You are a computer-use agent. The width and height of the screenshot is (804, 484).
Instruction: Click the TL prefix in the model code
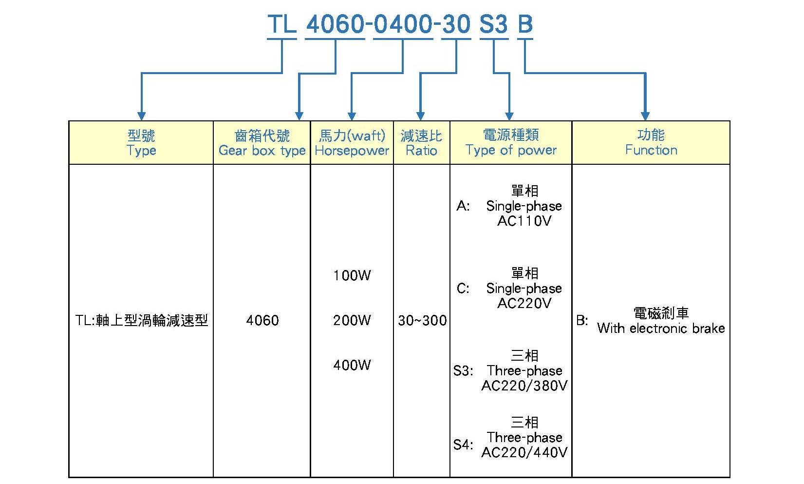click(282, 24)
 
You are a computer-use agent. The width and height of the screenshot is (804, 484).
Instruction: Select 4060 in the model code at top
click(336, 24)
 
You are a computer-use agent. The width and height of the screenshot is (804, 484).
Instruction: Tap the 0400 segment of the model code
click(403, 24)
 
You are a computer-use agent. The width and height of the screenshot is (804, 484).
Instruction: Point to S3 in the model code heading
click(494, 24)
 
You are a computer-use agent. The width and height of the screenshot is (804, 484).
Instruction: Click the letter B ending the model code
click(525, 24)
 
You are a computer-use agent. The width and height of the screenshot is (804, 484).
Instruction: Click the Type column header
click(141, 143)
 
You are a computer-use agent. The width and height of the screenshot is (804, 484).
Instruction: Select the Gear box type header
click(262, 143)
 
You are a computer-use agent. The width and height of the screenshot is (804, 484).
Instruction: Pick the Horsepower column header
click(352, 143)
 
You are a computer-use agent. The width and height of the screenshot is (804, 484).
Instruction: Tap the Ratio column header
click(421, 143)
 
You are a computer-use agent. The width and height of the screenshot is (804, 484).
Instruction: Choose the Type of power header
click(511, 143)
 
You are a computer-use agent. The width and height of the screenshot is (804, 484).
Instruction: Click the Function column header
click(651, 143)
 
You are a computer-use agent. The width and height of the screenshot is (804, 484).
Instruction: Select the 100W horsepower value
click(352, 276)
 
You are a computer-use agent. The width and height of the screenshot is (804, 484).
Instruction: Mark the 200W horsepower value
click(352, 320)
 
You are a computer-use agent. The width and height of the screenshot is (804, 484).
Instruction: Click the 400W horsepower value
click(352, 365)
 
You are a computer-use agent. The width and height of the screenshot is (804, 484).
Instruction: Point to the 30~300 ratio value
click(422, 320)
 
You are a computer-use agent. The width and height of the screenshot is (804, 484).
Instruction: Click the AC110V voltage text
click(524, 221)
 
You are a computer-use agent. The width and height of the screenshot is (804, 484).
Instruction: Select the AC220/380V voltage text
click(524, 386)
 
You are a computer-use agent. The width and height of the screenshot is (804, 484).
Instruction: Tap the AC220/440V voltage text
click(524, 453)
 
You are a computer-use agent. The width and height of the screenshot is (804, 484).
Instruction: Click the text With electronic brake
click(661, 328)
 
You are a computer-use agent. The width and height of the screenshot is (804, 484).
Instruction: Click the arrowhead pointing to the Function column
click(645, 116)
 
